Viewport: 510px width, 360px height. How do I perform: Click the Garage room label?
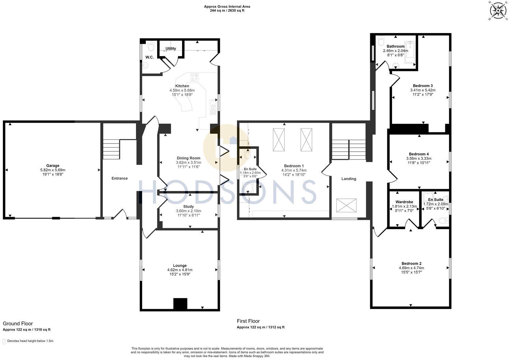point(52,166)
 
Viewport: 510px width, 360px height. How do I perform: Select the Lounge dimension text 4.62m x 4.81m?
point(180,270)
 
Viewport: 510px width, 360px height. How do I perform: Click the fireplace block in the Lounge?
point(180,304)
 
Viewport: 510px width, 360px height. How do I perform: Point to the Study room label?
point(188,207)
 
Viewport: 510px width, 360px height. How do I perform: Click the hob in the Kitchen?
point(195,77)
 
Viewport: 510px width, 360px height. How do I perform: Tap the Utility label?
point(171,48)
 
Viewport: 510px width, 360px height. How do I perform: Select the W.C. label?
point(149,57)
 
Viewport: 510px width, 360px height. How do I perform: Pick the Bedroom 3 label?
point(423,86)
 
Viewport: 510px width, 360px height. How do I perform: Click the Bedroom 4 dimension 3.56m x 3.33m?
point(419,159)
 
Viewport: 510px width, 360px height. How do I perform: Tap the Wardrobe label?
point(404,202)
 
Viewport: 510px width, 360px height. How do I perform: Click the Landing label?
point(348,179)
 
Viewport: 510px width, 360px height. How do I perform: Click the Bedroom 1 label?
point(294,166)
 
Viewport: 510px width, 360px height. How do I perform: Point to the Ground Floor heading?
point(18,324)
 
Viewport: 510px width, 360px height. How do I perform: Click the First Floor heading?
point(248,321)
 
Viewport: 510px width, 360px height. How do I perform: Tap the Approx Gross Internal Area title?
point(227,6)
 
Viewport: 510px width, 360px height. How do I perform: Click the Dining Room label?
point(188,158)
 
